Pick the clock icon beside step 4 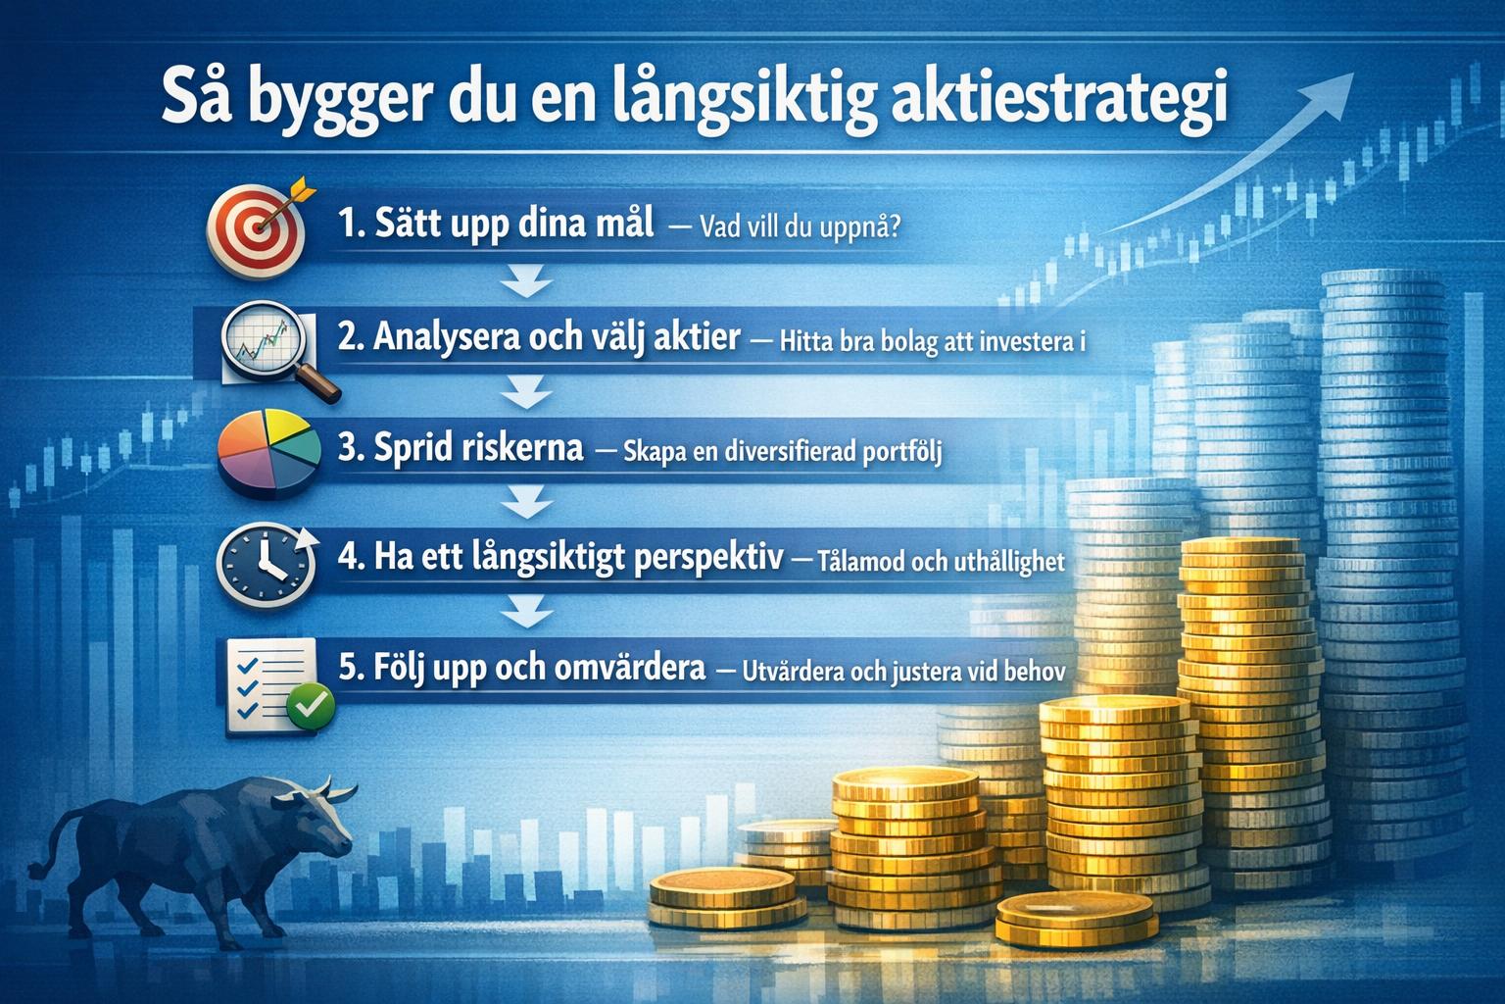[x=263, y=562]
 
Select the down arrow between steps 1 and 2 [x=527, y=285]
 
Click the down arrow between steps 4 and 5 [x=527, y=615]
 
